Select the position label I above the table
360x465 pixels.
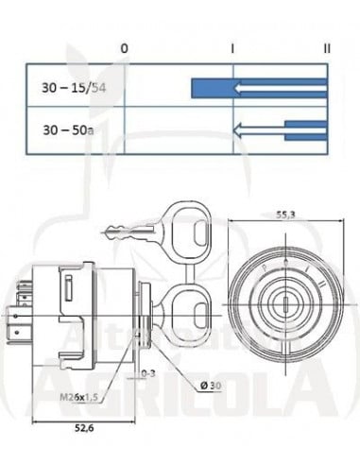point(232,46)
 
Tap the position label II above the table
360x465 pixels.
point(327,46)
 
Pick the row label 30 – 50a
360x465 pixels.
point(67,128)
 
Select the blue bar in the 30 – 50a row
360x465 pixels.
point(307,130)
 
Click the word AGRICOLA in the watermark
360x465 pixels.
point(180,388)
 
